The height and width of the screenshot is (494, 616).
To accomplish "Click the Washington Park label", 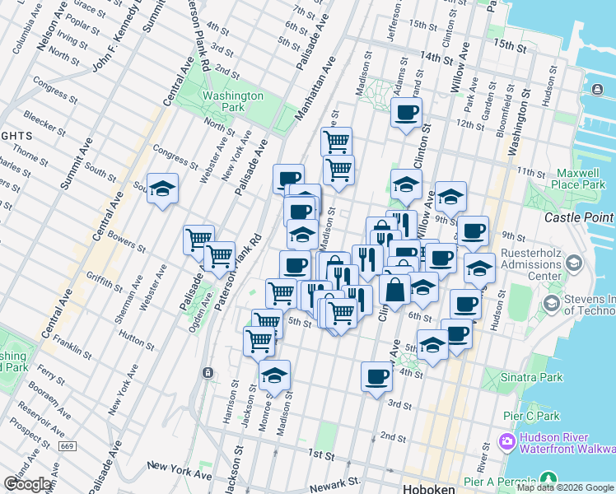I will click(x=233, y=101).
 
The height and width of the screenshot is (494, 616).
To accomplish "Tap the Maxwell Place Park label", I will click(x=580, y=179).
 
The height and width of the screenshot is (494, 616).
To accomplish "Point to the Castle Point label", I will click(x=580, y=217).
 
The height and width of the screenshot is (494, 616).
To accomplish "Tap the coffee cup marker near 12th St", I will click(x=406, y=113).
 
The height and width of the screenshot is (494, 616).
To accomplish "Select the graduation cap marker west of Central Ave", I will click(x=163, y=189).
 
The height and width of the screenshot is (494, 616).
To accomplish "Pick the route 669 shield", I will click(x=68, y=446).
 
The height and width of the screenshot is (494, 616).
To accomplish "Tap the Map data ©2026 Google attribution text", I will click(x=566, y=487).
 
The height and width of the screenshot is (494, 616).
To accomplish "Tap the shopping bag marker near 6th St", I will click(x=395, y=290).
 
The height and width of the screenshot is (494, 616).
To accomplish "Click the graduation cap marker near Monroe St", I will click(x=274, y=375).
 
